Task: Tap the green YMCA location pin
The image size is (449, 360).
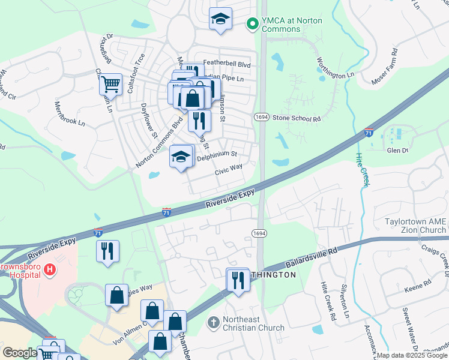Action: pyautogui.click(x=252, y=24)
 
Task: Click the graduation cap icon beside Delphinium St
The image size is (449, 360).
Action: pyautogui.click(x=181, y=158)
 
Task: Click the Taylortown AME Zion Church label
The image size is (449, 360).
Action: pyautogui.click(x=415, y=226)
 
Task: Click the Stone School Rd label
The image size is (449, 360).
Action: pyautogui.click(x=297, y=119)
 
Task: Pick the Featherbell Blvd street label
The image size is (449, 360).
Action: pyautogui.click(x=226, y=62)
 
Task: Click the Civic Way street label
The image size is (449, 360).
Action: pyautogui.click(x=229, y=170)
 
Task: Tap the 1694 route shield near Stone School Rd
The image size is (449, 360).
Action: pyautogui.click(x=261, y=116)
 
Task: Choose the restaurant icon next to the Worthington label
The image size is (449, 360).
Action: pyautogui.click(x=238, y=280)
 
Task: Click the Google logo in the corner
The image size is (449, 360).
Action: pyautogui.click(x=19, y=353)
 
